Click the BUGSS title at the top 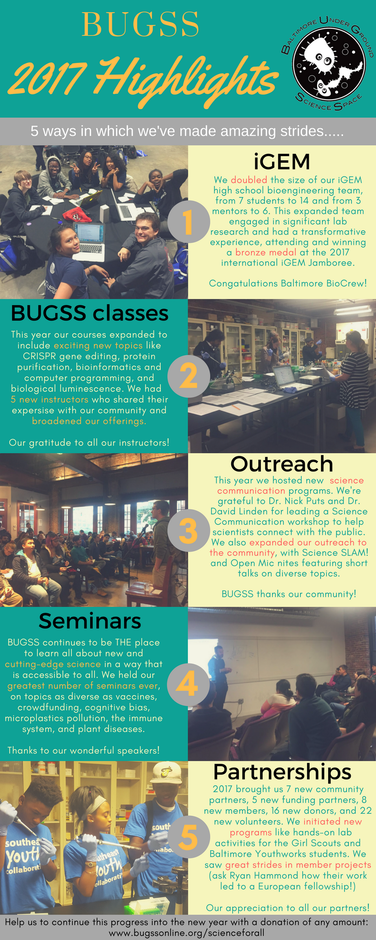[x=141, y=24]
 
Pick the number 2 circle [x=188, y=376]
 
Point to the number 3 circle [x=188, y=530]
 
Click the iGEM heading [x=282, y=161]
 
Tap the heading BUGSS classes [x=89, y=313]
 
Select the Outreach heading [x=282, y=464]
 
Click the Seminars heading [x=90, y=621]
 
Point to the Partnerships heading [x=282, y=772]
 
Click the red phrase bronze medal [x=266, y=252]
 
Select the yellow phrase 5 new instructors [x=49, y=399]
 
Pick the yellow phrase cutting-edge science [x=53, y=664]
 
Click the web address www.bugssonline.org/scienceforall [x=188, y=932]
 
